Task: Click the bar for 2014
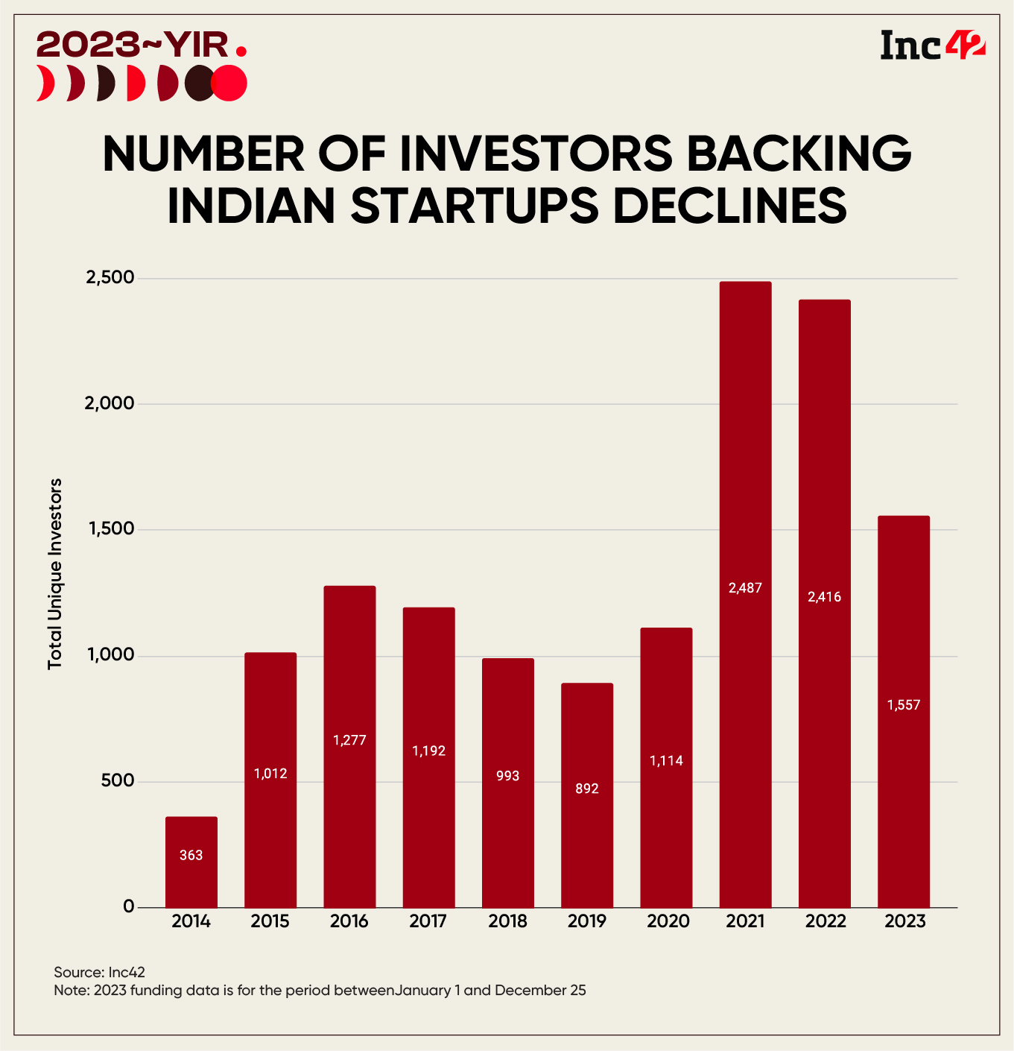click(191, 862)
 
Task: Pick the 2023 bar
click(904, 712)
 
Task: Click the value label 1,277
click(349, 740)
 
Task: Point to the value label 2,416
click(824, 597)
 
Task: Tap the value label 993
click(507, 776)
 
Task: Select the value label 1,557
click(904, 705)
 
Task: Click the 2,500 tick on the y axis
click(110, 278)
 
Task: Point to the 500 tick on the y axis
click(117, 781)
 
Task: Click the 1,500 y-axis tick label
click(110, 529)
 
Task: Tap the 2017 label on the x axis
click(428, 921)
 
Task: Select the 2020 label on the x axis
click(668, 921)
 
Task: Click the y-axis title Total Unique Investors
click(55, 574)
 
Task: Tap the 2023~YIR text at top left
click(133, 45)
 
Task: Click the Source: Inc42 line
click(99, 972)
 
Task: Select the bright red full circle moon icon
click(229, 83)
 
